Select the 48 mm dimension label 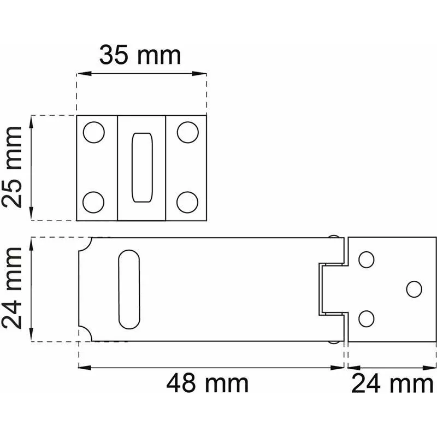coord(207,383)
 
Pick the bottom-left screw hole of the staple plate coord(94,202)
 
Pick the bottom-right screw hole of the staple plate coord(187,202)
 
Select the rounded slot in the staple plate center coord(141,167)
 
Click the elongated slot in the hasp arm coord(129,289)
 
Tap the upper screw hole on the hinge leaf coord(367,259)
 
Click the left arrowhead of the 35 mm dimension coord(80,74)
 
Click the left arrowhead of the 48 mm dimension coord(82,367)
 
